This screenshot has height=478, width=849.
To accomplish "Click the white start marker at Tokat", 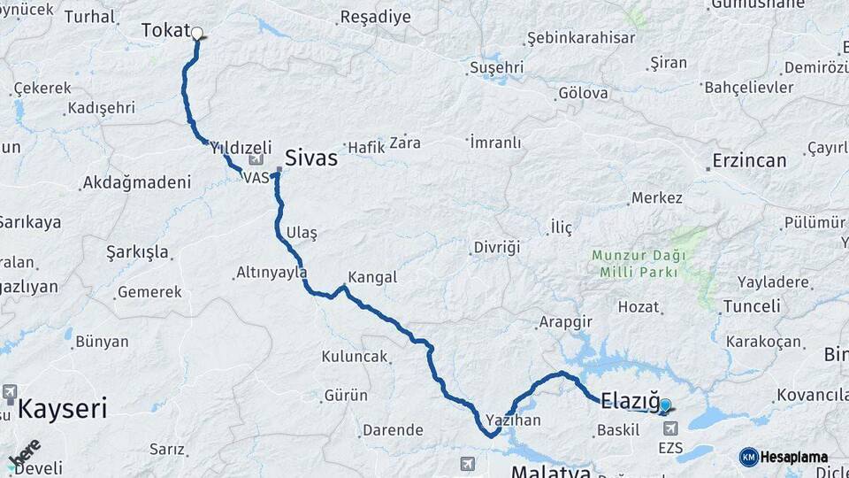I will click(196, 35).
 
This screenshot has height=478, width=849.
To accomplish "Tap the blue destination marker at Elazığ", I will click(665, 405).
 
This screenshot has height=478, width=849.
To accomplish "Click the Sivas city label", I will click(310, 158).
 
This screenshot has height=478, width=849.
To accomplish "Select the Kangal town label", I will click(372, 277).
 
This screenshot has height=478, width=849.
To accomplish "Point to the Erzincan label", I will click(747, 161).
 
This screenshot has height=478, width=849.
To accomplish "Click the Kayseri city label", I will click(62, 409).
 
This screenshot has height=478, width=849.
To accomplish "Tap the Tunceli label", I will click(752, 306).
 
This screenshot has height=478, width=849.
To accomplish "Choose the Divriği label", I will click(496, 247).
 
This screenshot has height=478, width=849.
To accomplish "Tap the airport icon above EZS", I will click(670, 428).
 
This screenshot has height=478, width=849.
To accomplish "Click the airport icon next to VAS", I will click(256, 160).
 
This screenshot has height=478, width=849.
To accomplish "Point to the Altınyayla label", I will click(272, 273).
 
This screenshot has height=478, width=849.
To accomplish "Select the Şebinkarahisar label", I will click(580, 38).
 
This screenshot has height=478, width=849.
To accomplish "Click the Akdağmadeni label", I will click(136, 183).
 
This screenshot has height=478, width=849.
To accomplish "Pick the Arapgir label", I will click(564, 322).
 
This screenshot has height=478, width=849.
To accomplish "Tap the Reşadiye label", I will click(376, 17).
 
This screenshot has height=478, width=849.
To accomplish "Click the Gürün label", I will click(346, 395).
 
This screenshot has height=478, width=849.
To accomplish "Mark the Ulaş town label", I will click(302, 233).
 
